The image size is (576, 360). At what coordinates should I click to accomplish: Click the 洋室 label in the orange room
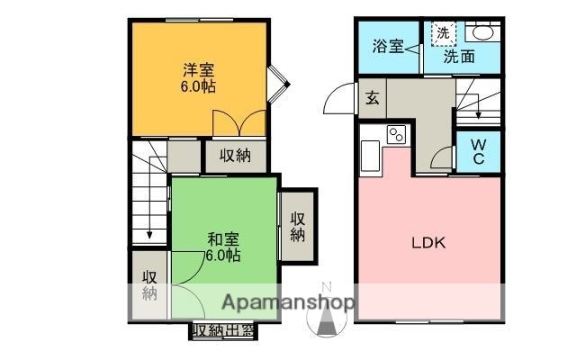coord(199,68)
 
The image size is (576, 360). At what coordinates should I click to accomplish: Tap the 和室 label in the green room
coord(222,239)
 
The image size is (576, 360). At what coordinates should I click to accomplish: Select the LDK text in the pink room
coord(429,242)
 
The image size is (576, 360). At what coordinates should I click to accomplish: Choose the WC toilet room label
coord(478,151)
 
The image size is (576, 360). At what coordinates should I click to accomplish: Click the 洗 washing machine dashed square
coord(443,32)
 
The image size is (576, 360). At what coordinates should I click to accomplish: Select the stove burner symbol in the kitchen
coord(397,135)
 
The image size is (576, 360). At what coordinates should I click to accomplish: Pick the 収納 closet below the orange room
coord(236,156)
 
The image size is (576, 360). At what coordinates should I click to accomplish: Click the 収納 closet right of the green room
coord(298,225)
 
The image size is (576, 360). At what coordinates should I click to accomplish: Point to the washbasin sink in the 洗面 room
coord(483,32)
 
